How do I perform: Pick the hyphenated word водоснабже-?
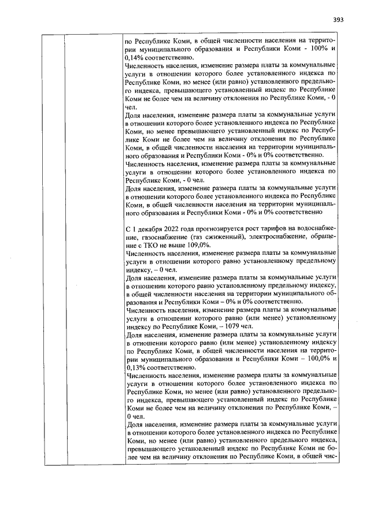tap(316, 230)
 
